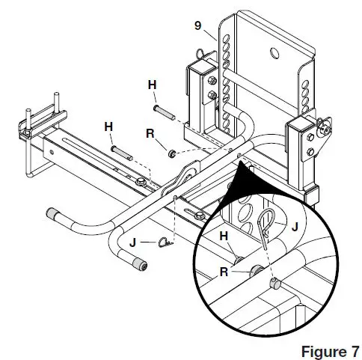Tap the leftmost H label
click(x=108, y=128)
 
